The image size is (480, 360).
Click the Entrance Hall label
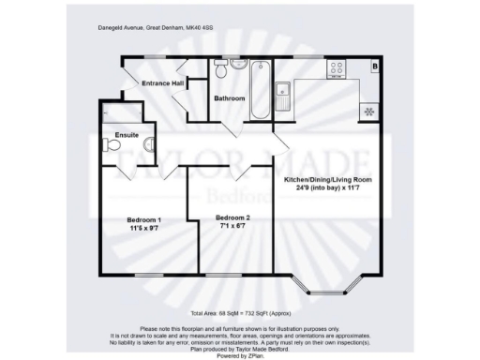point(162,84)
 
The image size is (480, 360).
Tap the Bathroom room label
point(230,97)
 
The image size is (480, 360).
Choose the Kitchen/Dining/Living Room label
point(327,178)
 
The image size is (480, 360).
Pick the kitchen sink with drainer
point(281,92)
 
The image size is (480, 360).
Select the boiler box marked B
point(374,67)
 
